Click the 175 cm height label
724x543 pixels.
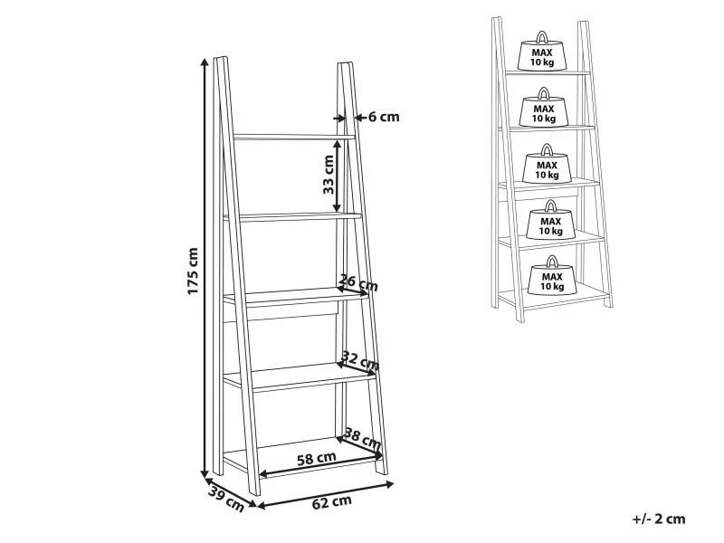[193, 271]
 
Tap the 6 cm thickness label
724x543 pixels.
[384, 118]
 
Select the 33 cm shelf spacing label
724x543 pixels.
[329, 175]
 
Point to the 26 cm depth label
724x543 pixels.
[358, 282]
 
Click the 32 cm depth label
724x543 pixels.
[360, 360]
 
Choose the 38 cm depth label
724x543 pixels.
[362, 439]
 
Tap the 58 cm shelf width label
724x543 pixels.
[316, 459]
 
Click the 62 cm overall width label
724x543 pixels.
[331, 502]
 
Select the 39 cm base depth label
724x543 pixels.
[225, 500]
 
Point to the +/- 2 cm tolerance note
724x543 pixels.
[659, 519]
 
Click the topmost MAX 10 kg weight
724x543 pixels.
[541, 51]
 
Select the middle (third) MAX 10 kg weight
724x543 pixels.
[547, 164]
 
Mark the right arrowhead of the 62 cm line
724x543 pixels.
[389, 484]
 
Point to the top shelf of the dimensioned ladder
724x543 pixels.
[294, 137]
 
